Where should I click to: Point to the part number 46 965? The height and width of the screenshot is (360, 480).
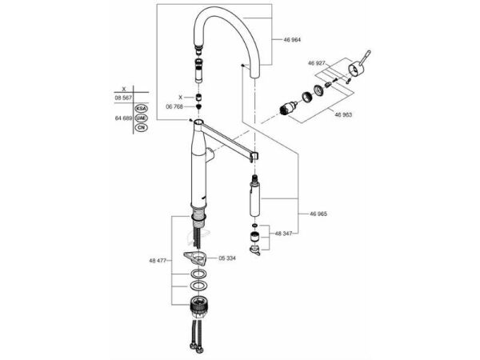(318, 214)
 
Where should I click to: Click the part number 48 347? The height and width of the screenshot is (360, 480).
(286, 234)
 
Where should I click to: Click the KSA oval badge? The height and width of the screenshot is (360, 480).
(140, 106)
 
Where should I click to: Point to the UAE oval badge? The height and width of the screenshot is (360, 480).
(140, 117)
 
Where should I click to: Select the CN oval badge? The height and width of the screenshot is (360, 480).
(140, 127)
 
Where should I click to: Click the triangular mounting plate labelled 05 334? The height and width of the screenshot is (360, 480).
(194, 258)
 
